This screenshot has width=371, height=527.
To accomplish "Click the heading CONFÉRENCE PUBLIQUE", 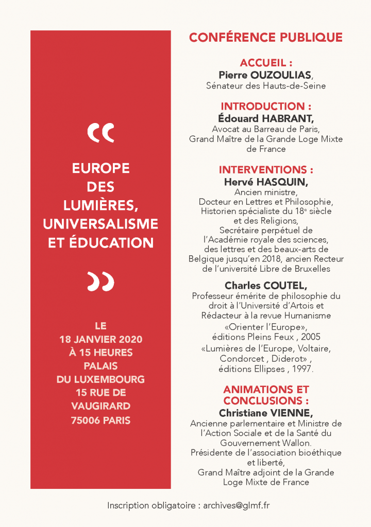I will pos(265,37).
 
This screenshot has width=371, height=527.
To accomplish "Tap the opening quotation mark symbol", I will pos(100,133).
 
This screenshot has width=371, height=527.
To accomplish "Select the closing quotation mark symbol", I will pos(100,282).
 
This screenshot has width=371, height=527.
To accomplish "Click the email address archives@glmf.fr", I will pos(237,505).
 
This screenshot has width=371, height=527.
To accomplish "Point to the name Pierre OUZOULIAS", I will pos(265,75).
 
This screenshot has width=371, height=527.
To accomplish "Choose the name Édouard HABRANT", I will pos(265,118).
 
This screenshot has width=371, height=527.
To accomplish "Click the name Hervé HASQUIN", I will pos(265,182).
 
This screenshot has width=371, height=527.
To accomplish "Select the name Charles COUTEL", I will pos(265,285).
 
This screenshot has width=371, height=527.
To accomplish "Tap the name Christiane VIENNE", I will pos(265,413).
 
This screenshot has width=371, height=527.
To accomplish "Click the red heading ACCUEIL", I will pos(265,64).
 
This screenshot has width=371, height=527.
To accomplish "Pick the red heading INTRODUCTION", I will pos(265,107).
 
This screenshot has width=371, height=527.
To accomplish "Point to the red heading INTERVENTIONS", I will pos(265,170).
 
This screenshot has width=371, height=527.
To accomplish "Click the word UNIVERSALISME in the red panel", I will pos(100,224).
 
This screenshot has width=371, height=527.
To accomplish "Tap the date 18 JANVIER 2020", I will pos(100,340).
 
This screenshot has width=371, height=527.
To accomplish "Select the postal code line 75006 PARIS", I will pos(100,420).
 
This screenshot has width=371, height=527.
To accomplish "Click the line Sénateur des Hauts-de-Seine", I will pos(265,86).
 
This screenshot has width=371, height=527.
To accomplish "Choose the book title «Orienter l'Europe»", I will pos(265,327).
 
